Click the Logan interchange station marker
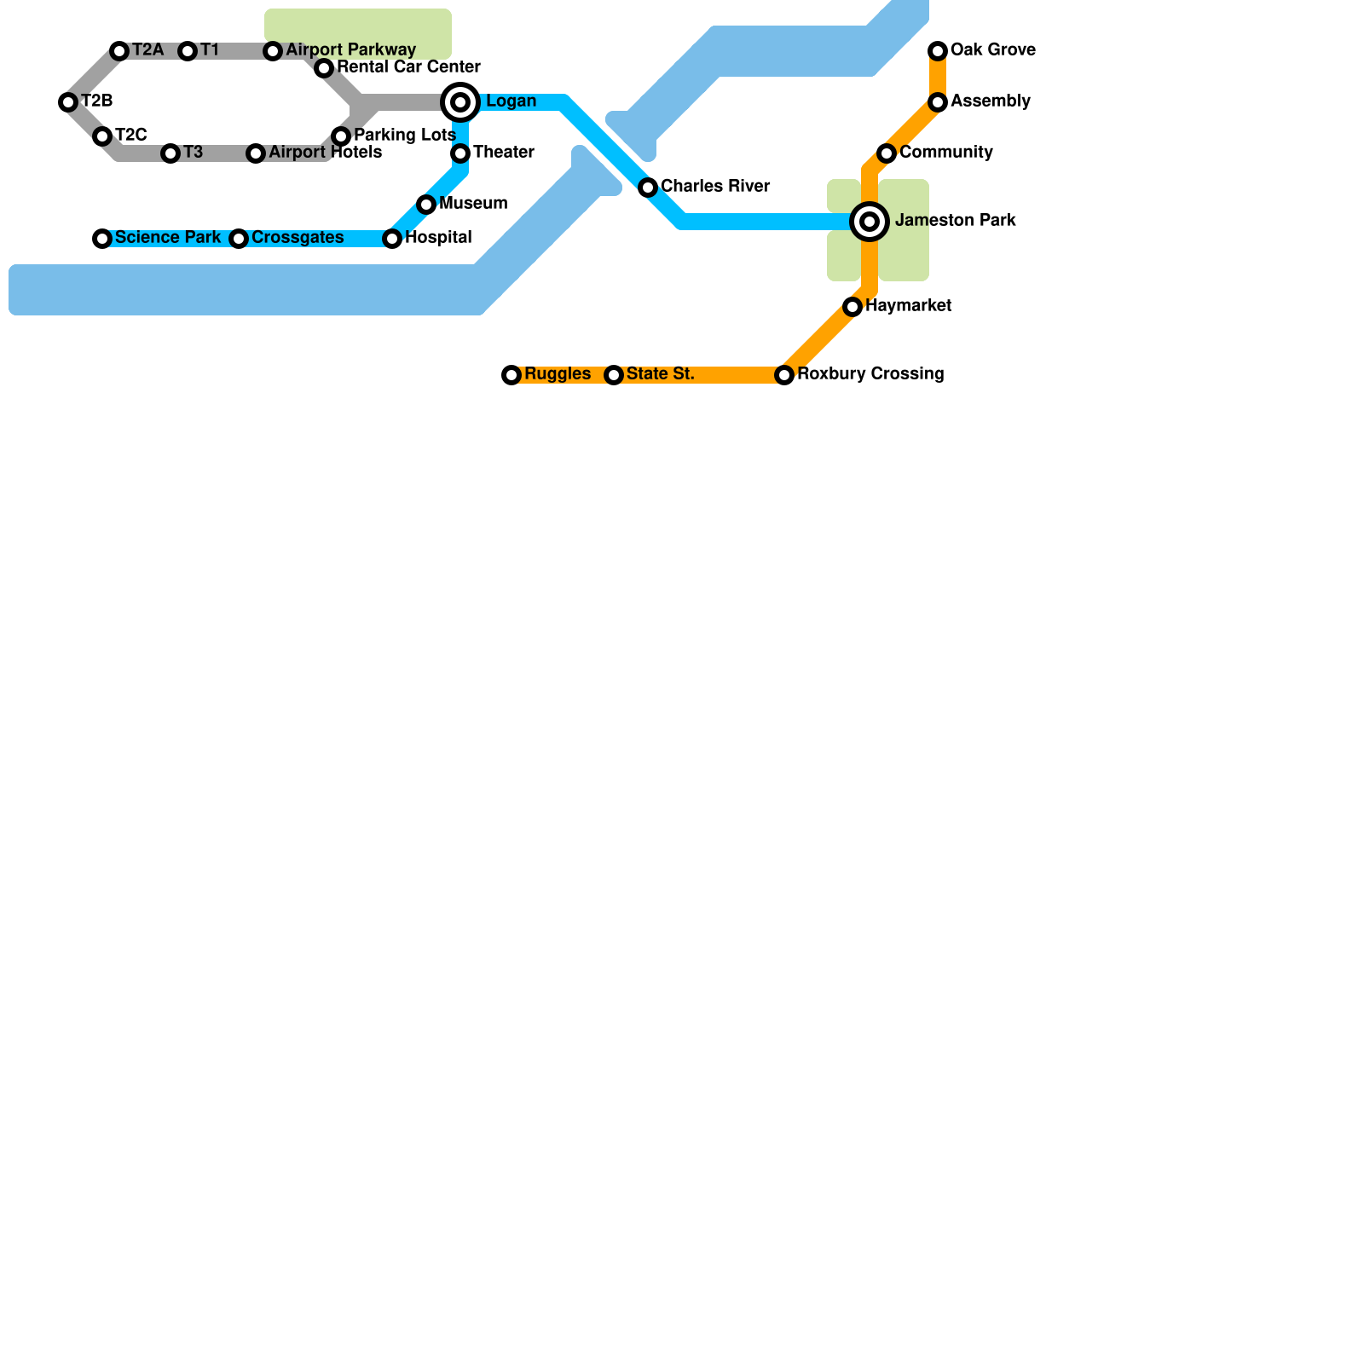(460, 102)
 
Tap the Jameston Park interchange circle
(870, 222)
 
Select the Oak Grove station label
(992, 50)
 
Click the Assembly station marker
(938, 102)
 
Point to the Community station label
(945, 153)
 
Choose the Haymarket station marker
(852, 307)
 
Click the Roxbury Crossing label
(870, 374)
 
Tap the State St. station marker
(614, 375)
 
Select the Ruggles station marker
(511, 375)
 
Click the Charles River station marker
(648, 188)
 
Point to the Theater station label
(503, 153)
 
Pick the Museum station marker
(426, 205)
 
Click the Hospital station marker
(392, 239)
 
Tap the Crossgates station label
(298, 238)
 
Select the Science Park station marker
(102, 239)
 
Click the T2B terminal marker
(68, 102)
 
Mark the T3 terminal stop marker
(170, 153)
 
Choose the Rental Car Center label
(408, 67)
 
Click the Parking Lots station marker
(341, 136)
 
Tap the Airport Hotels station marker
(256, 153)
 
